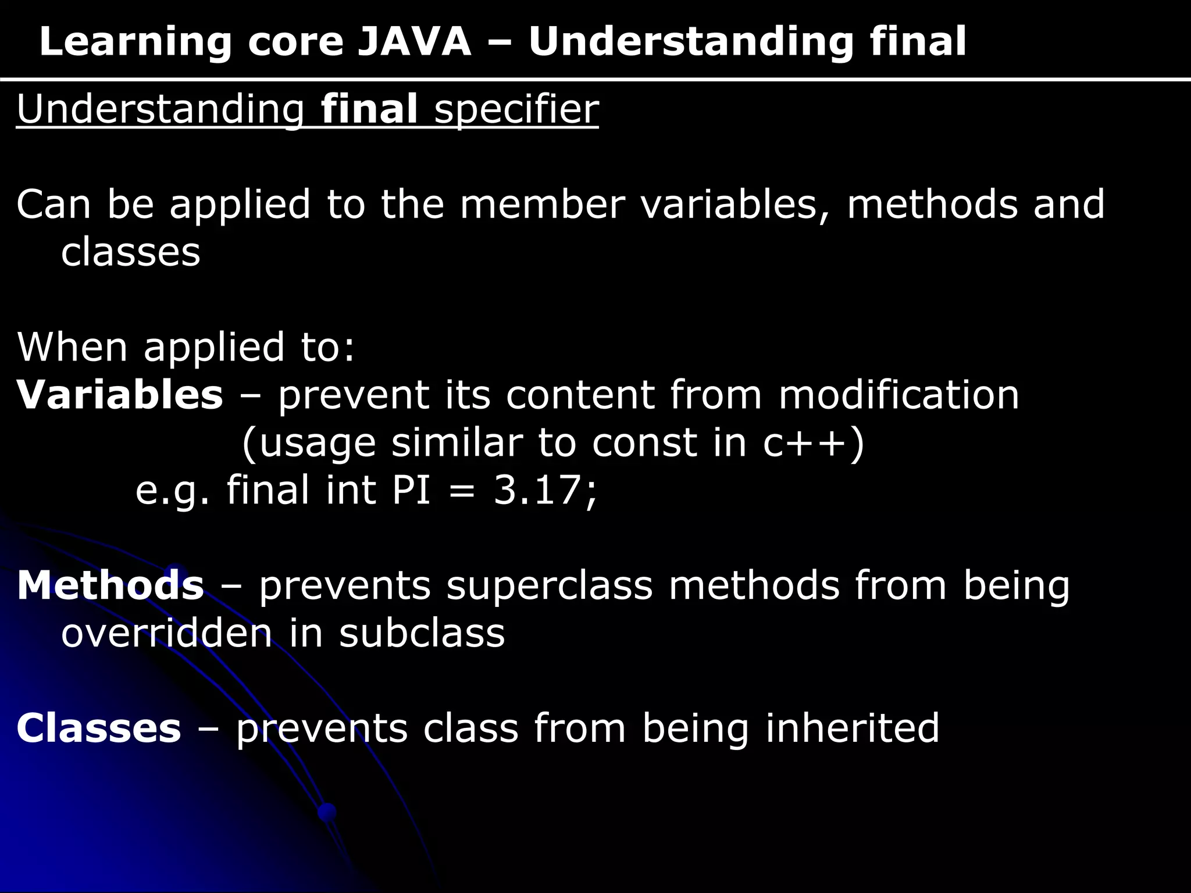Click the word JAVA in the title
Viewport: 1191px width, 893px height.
coord(413,42)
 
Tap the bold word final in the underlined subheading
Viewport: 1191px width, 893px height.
coord(369,109)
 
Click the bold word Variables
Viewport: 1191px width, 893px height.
coord(120,395)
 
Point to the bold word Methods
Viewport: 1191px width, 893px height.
coord(110,585)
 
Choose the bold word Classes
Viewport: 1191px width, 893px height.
coord(99,728)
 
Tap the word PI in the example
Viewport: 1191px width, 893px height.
coord(411,490)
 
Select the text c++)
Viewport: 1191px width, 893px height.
coord(814,443)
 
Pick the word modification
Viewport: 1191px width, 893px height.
coord(898,395)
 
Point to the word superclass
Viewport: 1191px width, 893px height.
coord(550,585)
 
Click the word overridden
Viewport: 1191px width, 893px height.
coord(166,633)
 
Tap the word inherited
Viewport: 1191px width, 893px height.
coord(852,728)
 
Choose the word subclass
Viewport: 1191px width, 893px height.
coord(422,633)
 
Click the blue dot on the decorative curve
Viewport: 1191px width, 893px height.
coord(327,812)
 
